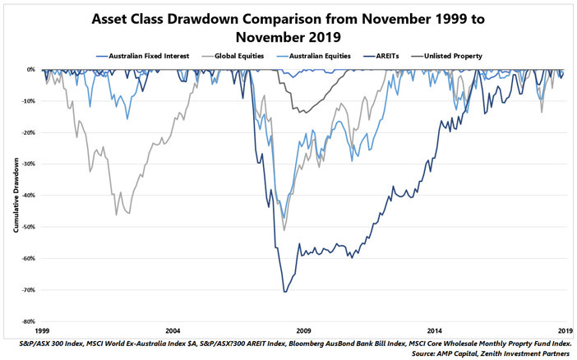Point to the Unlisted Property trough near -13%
point(302,113)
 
